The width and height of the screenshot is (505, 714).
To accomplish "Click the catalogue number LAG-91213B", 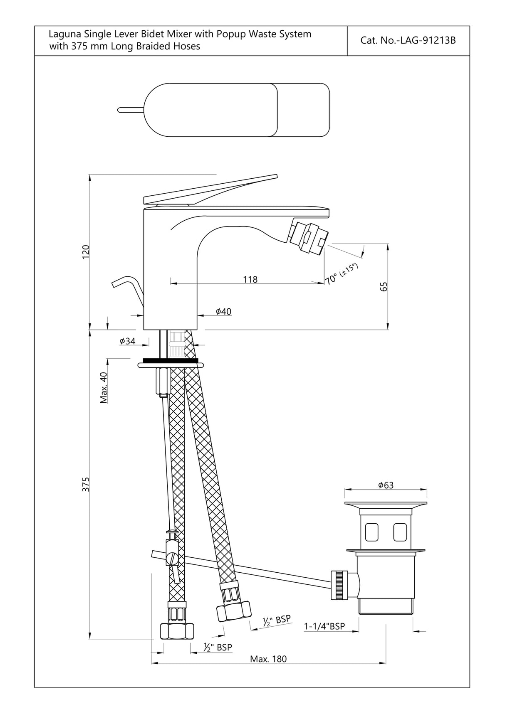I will pos(408,41).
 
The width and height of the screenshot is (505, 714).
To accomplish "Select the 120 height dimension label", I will pos(86,252).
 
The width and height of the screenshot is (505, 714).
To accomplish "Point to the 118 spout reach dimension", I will pos(250,279).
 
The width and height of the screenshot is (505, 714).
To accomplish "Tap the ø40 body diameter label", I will pos(223,311).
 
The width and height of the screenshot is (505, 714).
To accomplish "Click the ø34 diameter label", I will pos(127,341).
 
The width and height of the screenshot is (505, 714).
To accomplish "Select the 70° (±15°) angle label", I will pos(341,274).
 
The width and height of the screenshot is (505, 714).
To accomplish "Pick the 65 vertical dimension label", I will pos(384,286).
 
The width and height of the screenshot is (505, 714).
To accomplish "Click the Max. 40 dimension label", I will pos(104,387).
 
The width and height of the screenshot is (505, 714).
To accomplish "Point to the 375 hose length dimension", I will pos(86,485).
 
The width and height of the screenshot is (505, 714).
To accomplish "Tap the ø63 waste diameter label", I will pos(386,485).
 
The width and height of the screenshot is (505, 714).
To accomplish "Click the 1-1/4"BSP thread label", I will pos(324,626).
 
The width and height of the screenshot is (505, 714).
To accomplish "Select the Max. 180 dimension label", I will pos(268,659).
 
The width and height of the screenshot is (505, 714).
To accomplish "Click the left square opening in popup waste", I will pos(372,532).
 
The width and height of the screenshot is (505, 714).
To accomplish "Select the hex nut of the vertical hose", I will pos(177,631).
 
